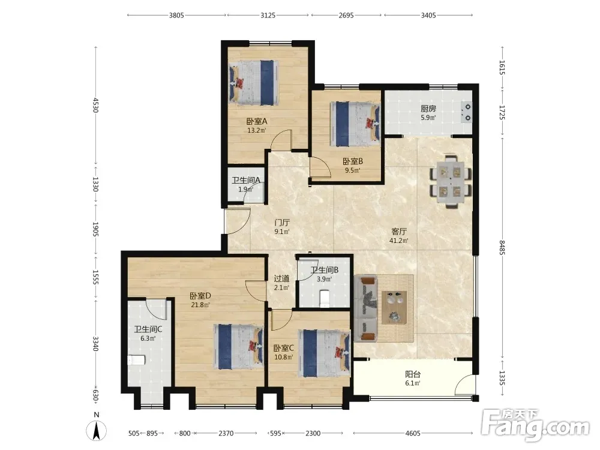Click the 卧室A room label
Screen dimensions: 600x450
256,121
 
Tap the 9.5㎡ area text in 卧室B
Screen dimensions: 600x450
352,170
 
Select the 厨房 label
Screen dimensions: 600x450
428,109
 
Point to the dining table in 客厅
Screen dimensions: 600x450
451,182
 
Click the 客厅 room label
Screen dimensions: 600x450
399,232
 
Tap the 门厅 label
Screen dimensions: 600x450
282,223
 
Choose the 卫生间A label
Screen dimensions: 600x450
245,180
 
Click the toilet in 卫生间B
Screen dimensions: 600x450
324,298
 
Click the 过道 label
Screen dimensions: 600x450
281,278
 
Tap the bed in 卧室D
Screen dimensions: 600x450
238,347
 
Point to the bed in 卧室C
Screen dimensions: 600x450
324,353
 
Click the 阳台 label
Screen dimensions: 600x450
413,374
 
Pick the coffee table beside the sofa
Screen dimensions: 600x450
394,307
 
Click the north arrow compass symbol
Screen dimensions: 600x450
97,430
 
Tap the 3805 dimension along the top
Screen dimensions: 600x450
176,16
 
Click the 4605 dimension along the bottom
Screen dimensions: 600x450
413,433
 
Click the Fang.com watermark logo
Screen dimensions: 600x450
536,425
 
